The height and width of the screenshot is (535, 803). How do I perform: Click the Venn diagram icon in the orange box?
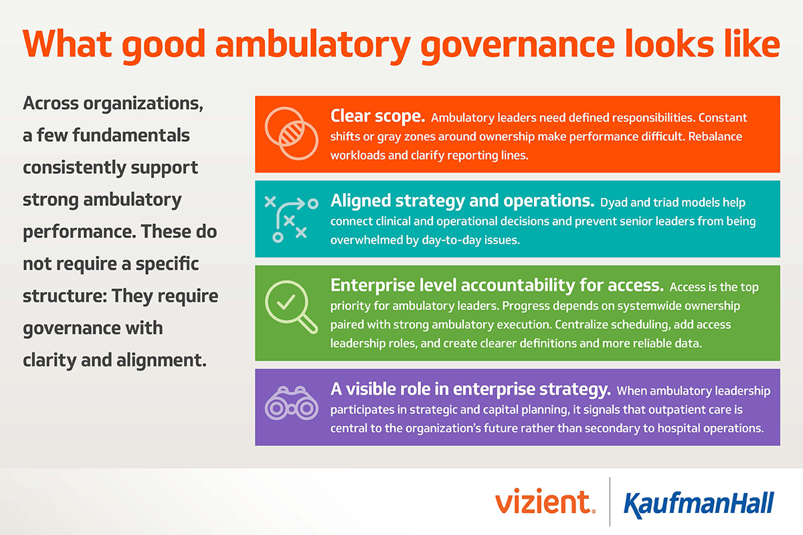tap(288, 133)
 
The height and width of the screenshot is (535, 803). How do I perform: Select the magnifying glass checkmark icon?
tap(291, 304)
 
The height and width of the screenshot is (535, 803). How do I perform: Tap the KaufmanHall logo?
tap(698, 503)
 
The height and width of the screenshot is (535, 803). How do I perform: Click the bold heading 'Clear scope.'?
tap(377, 116)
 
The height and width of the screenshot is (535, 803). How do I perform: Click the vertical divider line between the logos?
tap(610, 502)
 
